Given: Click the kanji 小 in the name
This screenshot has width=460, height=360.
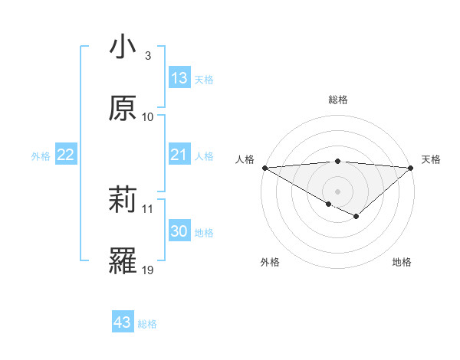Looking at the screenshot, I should pyautogui.click(x=123, y=48).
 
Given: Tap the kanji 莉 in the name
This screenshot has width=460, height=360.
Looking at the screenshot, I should pyautogui.click(x=123, y=201).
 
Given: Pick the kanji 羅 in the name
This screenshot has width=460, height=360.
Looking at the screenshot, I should pyautogui.click(x=123, y=261).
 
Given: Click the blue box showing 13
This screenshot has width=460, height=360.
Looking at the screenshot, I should pyautogui.click(x=179, y=78).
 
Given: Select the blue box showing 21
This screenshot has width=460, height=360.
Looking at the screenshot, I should pyautogui.click(x=179, y=155).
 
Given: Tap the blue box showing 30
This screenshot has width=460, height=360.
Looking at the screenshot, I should pyautogui.click(x=179, y=232).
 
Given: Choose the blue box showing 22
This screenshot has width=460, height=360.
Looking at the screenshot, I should pyautogui.click(x=66, y=155).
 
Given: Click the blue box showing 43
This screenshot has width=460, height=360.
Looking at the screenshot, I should pyautogui.click(x=123, y=322).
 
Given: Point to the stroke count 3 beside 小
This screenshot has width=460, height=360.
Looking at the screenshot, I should pyautogui.click(x=147, y=57).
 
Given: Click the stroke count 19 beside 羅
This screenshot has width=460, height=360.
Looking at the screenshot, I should pyautogui.click(x=148, y=270).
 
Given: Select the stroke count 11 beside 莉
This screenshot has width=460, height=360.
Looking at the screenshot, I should pyautogui.click(x=148, y=209).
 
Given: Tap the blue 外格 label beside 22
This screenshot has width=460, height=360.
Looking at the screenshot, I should pyautogui.click(x=41, y=156).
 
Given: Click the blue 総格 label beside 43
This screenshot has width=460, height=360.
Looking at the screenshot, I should pyautogui.click(x=147, y=324).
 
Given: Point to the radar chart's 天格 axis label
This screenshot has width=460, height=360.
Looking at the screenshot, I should pyautogui.click(x=431, y=159).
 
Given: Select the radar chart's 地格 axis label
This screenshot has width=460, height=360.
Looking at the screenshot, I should pyautogui.click(x=402, y=262).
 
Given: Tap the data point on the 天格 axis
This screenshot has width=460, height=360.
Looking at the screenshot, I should pyautogui.click(x=412, y=167).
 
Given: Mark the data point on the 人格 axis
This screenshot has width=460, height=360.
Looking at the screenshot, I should pyautogui.click(x=264, y=167).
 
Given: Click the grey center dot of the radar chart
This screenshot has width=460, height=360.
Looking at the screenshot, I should pyautogui.click(x=338, y=191).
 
